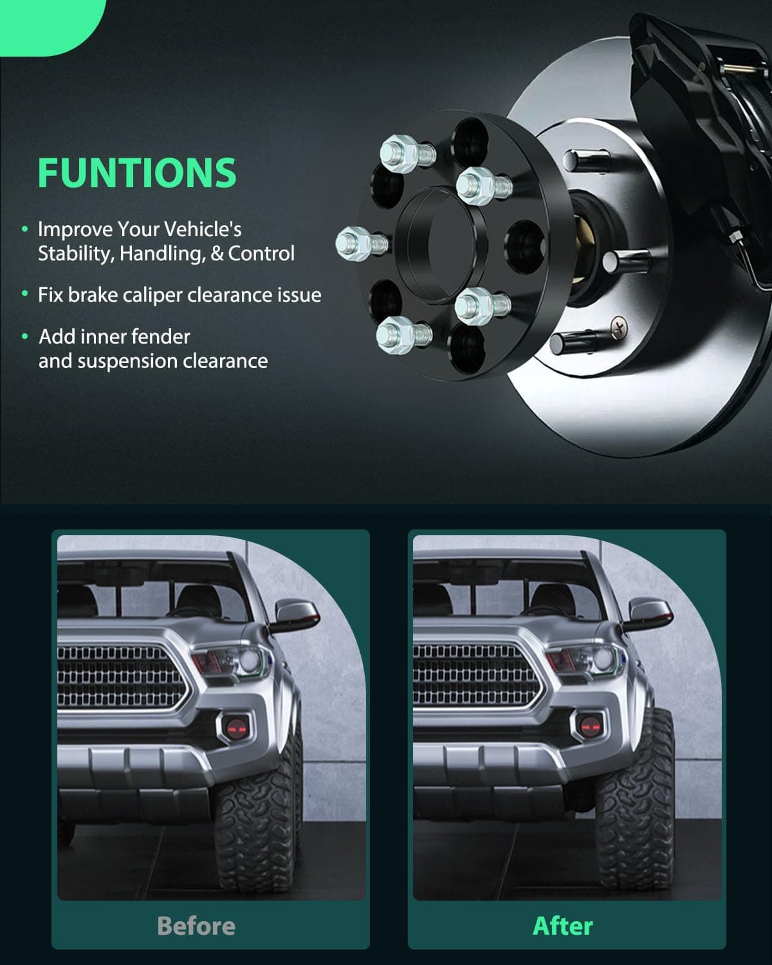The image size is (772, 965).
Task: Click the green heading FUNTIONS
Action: coord(137,172)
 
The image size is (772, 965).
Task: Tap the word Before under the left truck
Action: coord(196,926)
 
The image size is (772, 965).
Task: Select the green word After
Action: coord(562,926)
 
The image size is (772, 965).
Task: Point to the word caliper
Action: coord(152,296)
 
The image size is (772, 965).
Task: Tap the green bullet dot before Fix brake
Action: coord(25,294)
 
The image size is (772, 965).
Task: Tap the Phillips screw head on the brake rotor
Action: coord(619,327)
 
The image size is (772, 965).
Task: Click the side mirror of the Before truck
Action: coord(297,614)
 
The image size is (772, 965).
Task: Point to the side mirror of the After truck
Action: coord(650,614)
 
